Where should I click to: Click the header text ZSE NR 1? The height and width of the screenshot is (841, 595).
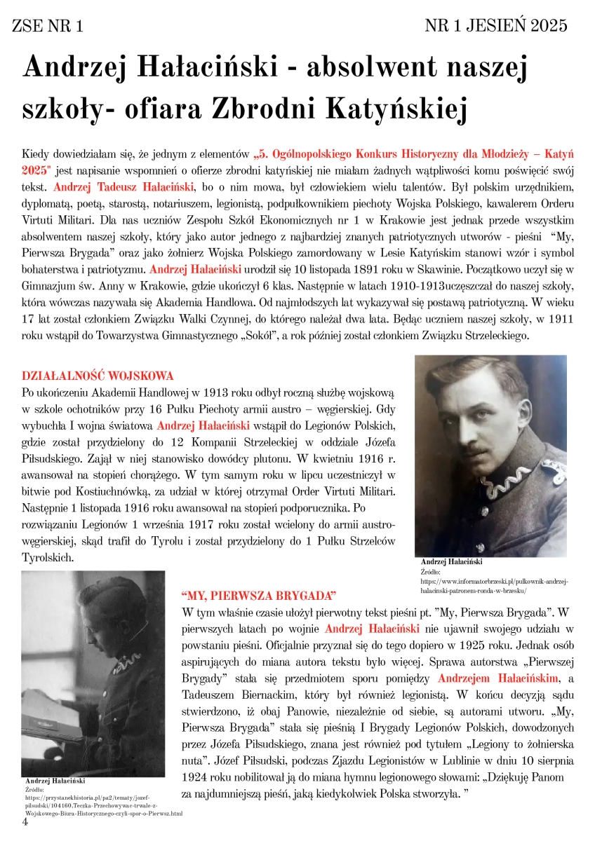point(48,27)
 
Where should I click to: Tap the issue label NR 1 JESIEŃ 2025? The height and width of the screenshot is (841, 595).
point(496,26)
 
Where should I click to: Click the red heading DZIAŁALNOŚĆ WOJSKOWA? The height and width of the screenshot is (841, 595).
point(98,375)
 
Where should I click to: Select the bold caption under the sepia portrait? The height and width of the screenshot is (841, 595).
point(451,562)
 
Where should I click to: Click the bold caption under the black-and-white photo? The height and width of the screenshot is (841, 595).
point(55,780)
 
